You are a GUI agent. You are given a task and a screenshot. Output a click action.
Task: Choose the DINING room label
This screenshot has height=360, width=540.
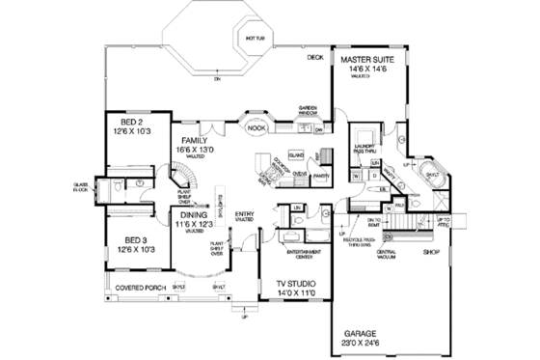coord(189,217)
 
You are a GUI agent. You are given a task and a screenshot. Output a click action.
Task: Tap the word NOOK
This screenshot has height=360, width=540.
coord(256,126)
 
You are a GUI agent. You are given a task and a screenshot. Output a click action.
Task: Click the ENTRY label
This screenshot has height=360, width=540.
coord(244,216)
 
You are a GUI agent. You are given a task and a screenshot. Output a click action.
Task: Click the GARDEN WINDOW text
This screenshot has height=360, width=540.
coord(309,110)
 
